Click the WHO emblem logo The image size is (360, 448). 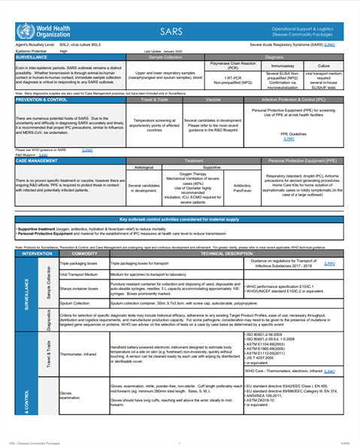pos(23,32)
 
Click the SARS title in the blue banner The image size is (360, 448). pos(171,32)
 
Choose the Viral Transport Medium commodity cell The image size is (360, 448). pos(80,275)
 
